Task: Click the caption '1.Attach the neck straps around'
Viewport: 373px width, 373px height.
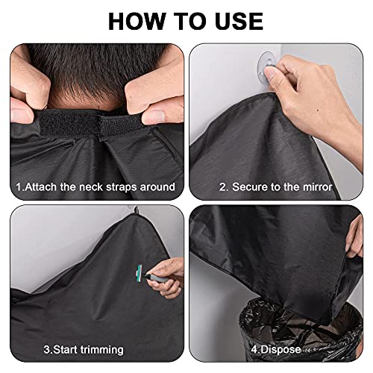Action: click(95, 186)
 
